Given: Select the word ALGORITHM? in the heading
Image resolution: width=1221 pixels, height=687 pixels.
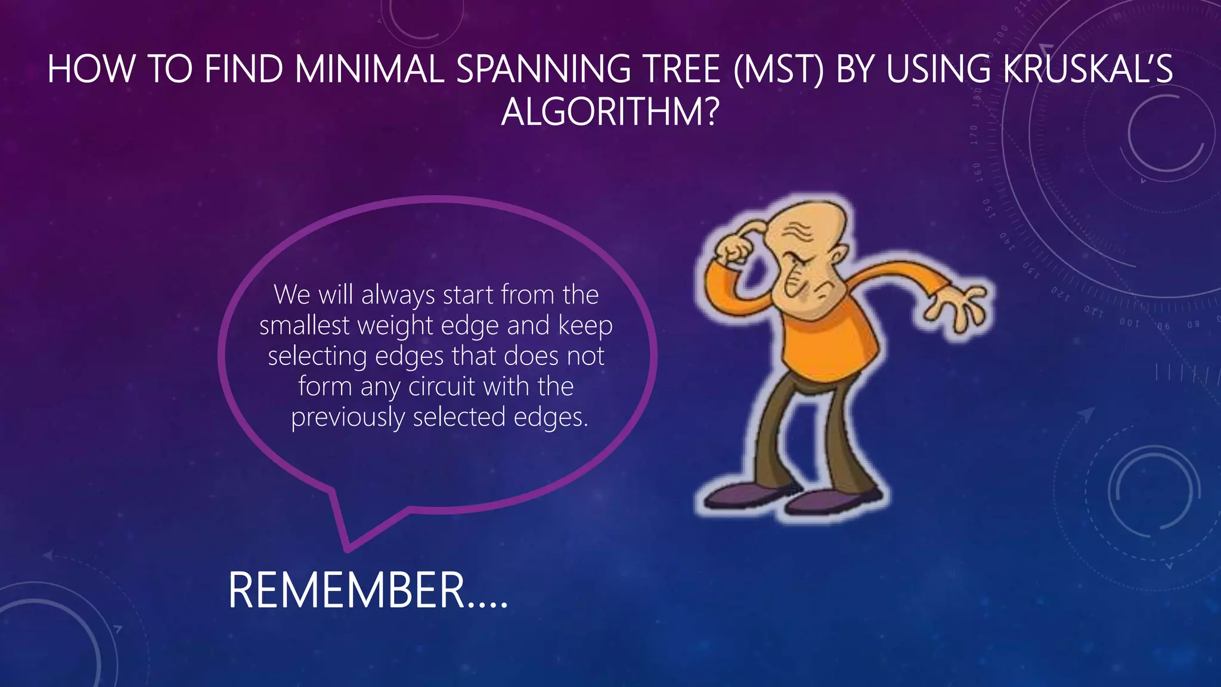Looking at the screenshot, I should pyautogui.click(x=610, y=112).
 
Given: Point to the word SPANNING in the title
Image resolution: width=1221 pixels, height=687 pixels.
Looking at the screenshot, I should pyautogui.click(x=543, y=69).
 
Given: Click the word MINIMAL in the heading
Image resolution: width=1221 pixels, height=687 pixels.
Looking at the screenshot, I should pyautogui.click(x=370, y=69).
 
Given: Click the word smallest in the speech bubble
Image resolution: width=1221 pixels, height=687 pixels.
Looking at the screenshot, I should pyautogui.click(x=305, y=326).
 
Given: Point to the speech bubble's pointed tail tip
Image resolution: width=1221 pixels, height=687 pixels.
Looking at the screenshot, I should pyautogui.click(x=348, y=547).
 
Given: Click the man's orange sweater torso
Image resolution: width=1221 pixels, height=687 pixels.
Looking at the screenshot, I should pyautogui.click(x=829, y=340).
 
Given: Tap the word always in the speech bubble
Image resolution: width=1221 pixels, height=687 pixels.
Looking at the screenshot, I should pyautogui.click(x=398, y=296).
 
